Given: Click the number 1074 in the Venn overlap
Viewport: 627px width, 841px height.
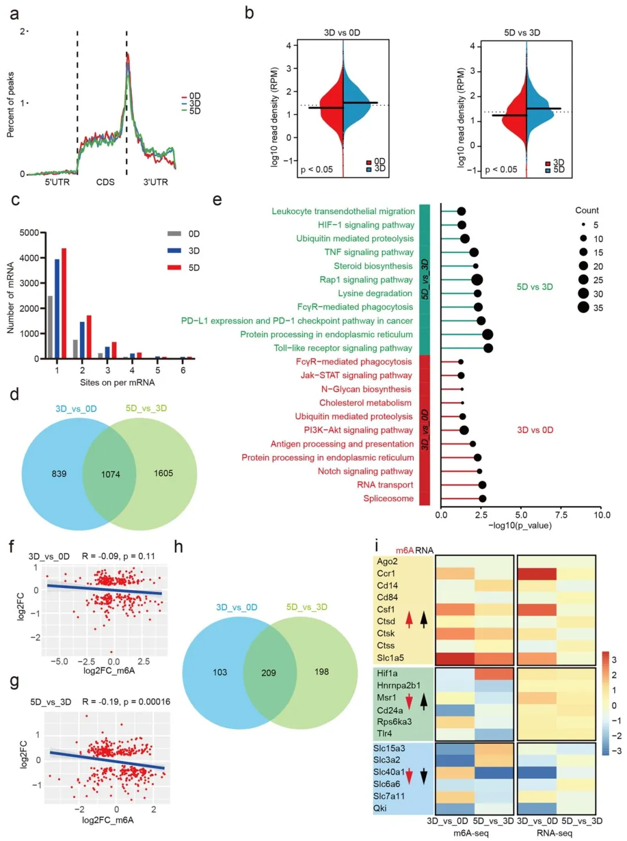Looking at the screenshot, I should (x=110, y=474).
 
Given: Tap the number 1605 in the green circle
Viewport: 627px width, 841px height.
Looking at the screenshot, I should (x=163, y=473).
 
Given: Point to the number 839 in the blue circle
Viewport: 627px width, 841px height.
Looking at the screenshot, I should (x=59, y=474).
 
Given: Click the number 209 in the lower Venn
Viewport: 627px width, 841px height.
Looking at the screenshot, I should (x=268, y=673).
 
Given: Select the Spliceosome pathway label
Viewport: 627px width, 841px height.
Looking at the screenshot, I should (x=388, y=499).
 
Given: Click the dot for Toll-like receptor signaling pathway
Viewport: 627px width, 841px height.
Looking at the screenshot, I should (x=488, y=348).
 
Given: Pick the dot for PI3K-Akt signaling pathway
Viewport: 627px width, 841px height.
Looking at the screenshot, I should (x=464, y=430).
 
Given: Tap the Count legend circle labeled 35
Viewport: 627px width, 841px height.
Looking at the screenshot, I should (x=583, y=308).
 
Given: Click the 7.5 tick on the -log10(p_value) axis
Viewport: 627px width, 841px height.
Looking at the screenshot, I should (x=561, y=515).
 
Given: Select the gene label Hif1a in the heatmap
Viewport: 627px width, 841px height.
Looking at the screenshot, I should (x=387, y=673).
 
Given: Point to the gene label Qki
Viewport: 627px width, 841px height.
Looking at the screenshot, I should (x=380, y=808).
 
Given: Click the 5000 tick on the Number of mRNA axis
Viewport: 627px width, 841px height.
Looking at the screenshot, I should (x=29, y=233).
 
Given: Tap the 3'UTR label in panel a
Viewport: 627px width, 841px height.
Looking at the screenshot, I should (x=156, y=182).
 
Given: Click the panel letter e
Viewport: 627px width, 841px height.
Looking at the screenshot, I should (x=218, y=200).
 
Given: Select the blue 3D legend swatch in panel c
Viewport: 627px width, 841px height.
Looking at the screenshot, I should (x=174, y=251).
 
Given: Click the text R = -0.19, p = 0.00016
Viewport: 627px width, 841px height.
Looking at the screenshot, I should (x=126, y=702).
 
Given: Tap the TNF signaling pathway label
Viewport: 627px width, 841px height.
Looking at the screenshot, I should (x=369, y=252).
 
